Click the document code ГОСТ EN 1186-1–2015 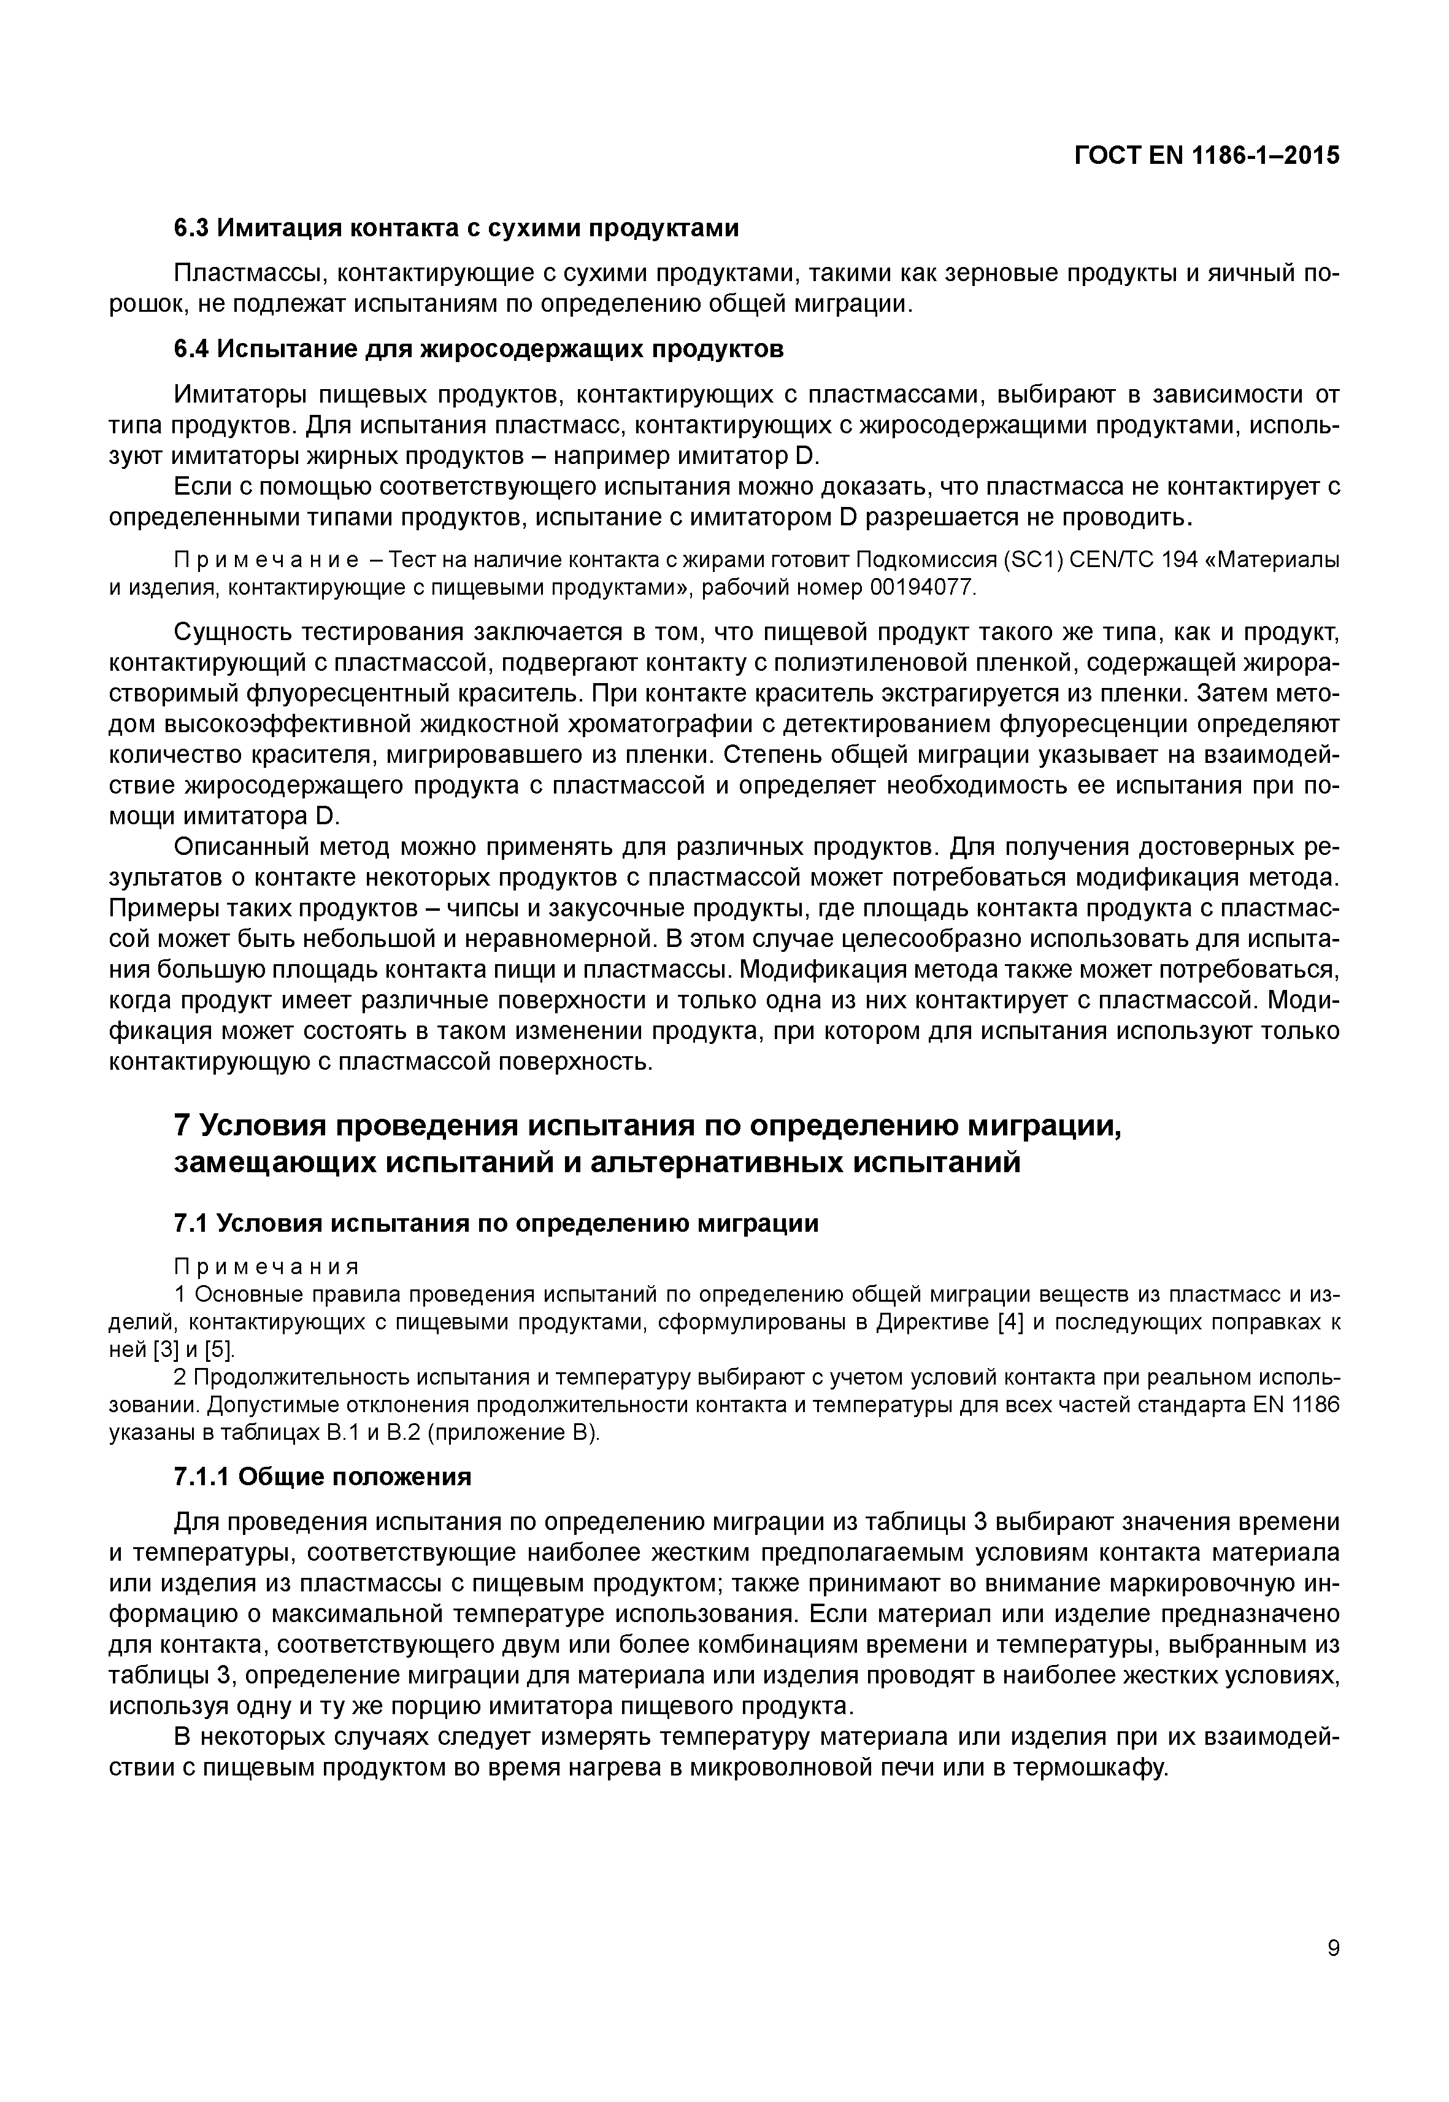[1207, 155]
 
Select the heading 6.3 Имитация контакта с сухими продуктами [456, 228]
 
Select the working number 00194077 [923, 588]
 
